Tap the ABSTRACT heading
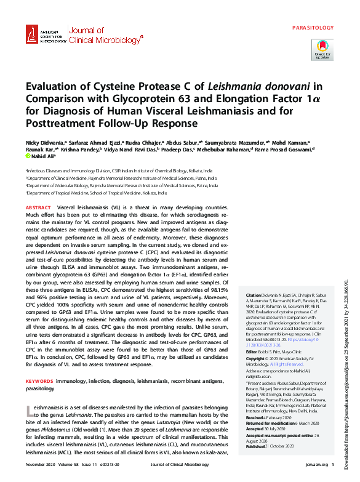coord(39,209)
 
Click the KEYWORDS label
coord(40,364)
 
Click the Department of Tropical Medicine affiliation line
coord(96,193)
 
